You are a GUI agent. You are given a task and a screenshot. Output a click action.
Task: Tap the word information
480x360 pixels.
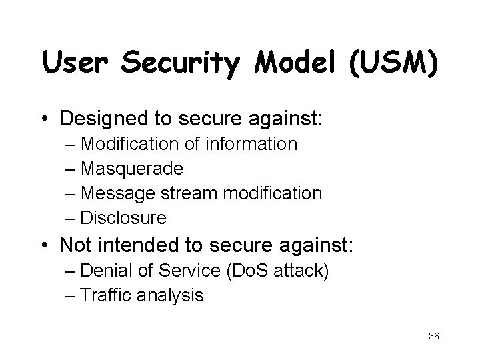coord(253,144)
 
